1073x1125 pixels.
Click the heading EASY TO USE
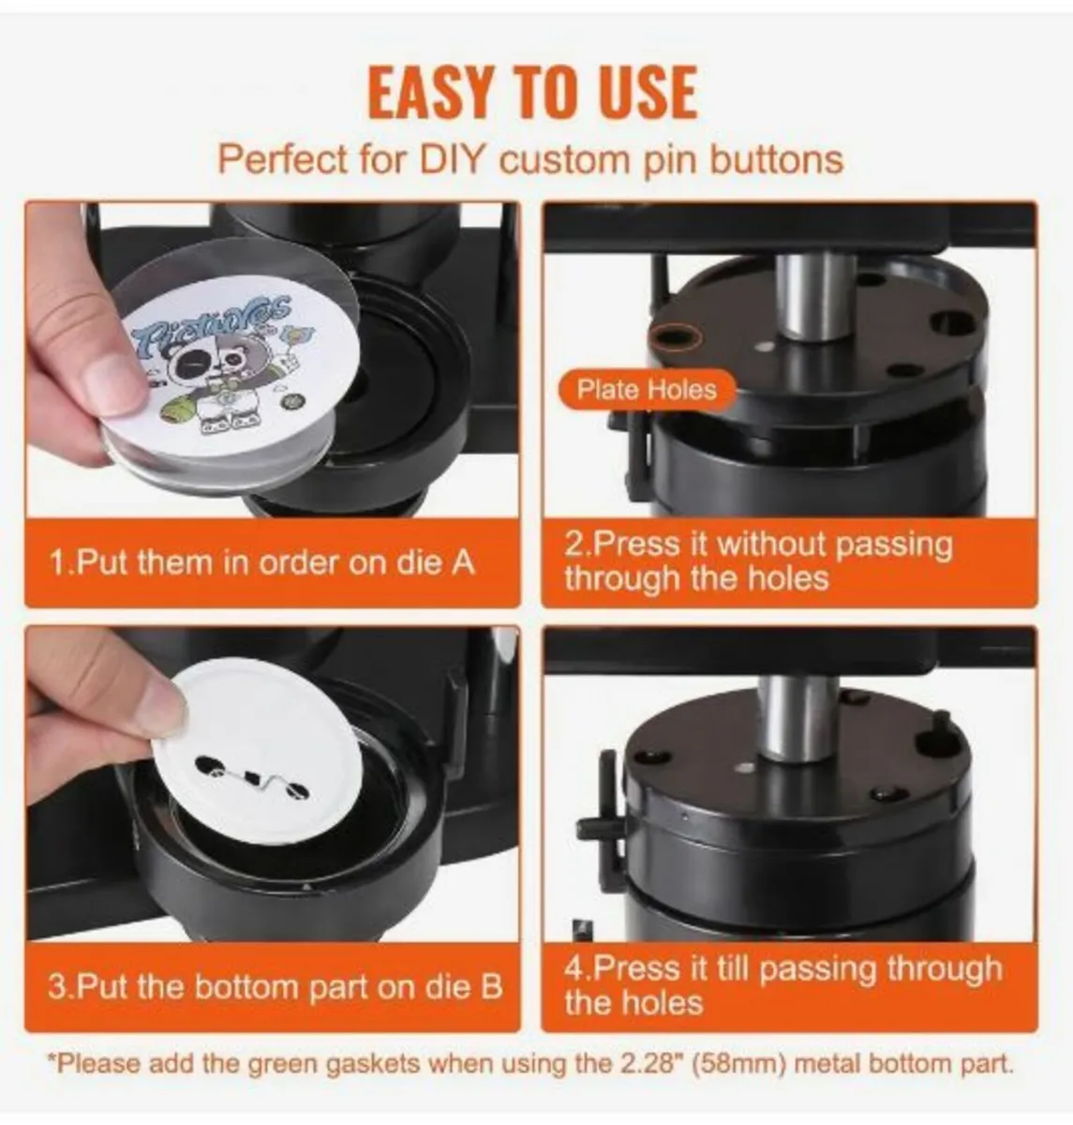532,93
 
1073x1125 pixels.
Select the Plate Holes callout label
647,390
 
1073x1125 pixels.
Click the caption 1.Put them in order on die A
262,563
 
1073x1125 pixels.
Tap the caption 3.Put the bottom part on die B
276,987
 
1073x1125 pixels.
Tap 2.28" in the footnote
650,1064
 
